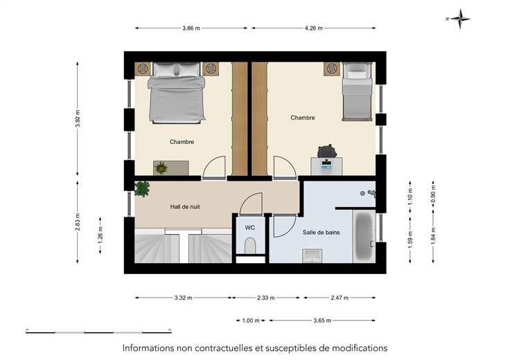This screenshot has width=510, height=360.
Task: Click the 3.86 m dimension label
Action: (x=191, y=28)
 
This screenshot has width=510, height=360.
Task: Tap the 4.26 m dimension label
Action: (x=313, y=28)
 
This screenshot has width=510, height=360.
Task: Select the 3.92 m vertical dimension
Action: (x=78, y=118)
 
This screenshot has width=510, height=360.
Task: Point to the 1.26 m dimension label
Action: (x=100, y=235)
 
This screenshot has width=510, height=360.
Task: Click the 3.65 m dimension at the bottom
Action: (x=322, y=321)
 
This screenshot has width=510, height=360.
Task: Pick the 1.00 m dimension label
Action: (x=251, y=321)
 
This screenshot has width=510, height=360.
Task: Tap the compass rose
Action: (x=459, y=19)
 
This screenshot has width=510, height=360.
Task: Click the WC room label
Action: (x=249, y=228)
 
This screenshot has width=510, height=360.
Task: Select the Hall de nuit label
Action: (x=185, y=207)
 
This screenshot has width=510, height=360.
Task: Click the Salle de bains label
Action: (x=321, y=233)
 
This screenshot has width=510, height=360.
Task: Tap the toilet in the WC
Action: (x=249, y=245)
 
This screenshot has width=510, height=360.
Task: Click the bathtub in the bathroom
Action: (x=364, y=236)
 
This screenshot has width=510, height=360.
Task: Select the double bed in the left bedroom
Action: (x=177, y=93)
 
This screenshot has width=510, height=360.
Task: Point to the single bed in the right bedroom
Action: (x=357, y=91)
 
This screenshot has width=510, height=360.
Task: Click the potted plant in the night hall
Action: (x=142, y=189)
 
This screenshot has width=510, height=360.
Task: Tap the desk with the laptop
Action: (x=326, y=166)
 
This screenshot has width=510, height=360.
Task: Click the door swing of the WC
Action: (x=251, y=204)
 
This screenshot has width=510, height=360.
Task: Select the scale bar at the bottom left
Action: (x=98, y=332)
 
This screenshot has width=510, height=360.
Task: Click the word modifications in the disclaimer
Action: (x=360, y=348)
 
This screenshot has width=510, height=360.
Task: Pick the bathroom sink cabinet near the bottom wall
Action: (x=313, y=255)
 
